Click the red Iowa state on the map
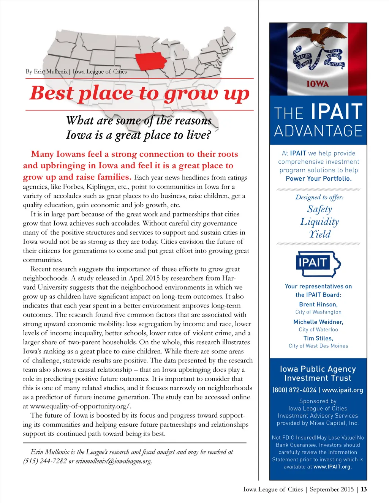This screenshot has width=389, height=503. point(151,61)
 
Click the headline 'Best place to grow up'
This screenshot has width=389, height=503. point(139,93)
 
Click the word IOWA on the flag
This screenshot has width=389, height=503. point(318,84)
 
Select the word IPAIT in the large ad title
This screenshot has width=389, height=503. point(336,112)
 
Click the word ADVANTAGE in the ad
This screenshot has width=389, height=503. point(318,131)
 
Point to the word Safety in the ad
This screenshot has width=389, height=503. point(319,209)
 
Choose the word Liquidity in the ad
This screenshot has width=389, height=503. point(319,222)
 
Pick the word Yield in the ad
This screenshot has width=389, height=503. point(319,234)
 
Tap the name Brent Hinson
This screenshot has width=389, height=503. point(318,304)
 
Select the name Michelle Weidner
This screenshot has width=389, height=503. point(318,322)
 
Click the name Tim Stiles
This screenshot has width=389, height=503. point(318,338)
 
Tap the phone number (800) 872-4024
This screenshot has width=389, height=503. point(294,390)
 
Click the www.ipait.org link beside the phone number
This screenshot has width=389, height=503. point(343,390)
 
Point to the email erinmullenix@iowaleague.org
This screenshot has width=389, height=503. point(114,461)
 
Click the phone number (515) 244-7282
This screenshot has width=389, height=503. point(45,461)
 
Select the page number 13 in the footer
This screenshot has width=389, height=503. point(364,489)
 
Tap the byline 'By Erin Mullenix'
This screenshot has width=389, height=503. point(47,71)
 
